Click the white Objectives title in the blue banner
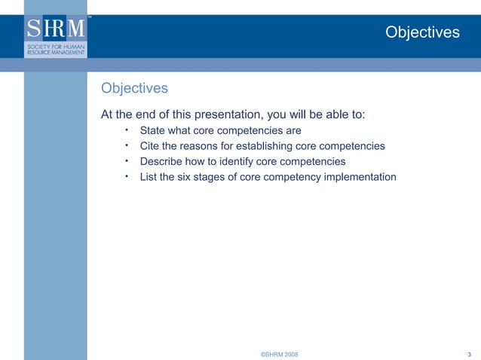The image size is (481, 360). (x=421, y=32)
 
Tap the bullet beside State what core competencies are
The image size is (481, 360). (x=127, y=129)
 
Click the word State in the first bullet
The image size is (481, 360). (x=154, y=130)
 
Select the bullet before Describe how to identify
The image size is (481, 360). (x=127, y=160)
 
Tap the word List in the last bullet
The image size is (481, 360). (x=150, y=178)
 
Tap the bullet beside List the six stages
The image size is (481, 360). (x=127, y=176)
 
